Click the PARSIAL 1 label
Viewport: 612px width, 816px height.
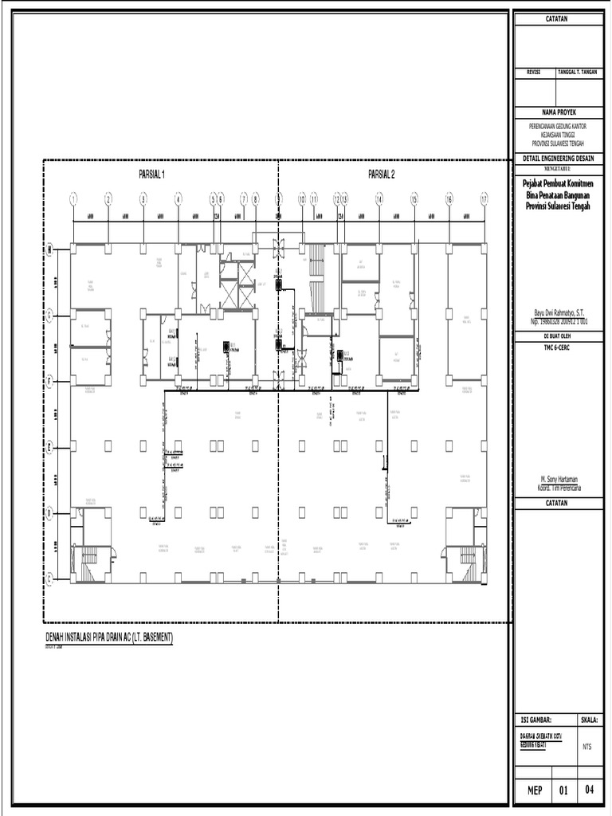[151, 173]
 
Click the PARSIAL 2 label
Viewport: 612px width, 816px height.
[381, 173]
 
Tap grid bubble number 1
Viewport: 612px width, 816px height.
[73, 199]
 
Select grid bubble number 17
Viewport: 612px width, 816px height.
[484, 199]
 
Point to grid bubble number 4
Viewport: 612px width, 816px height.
[178, 199]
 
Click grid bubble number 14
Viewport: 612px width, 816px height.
[379, 199]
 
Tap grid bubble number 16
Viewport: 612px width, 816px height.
[449, 199]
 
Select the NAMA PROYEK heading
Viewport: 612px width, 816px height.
[560, 113]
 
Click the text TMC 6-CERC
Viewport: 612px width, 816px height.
[560, 348]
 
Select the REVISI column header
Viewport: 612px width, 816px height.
[529, 73]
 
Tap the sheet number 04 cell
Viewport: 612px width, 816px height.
[590, 790]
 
